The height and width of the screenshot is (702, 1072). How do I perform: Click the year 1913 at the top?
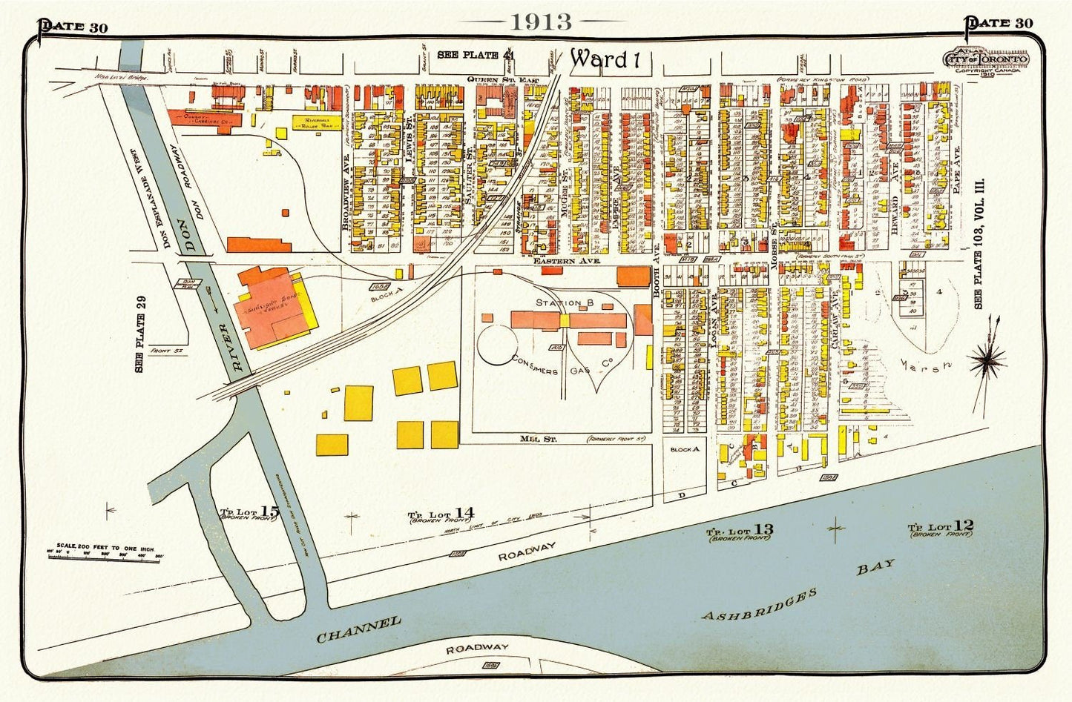click(x=541, y=21)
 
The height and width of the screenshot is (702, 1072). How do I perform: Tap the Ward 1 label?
click(x=605, y=59)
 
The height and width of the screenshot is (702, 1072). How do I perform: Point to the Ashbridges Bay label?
click(x=798, y=592)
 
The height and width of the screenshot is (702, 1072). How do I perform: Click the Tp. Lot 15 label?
click(x=249, y=511)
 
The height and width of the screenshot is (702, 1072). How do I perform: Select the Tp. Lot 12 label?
click(x=941, y=528)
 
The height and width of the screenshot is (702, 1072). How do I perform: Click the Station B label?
click(x=565, y=302)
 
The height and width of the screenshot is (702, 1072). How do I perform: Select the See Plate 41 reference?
click(x=475, y=55)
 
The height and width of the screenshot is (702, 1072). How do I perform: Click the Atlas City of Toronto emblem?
click(x=985, y=61)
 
